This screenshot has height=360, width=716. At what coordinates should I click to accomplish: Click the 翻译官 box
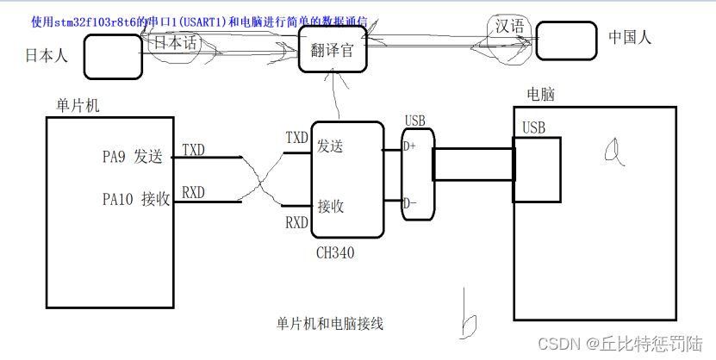click(x=333, y=50)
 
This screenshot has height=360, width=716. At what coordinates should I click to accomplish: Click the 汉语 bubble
click(x=509, y=26)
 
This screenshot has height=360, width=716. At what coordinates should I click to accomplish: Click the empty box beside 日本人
click(x=112, y=57)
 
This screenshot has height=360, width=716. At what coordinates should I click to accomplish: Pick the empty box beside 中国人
click(x=566, y=40)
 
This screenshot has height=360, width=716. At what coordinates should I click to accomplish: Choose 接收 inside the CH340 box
click(x=331, y=206)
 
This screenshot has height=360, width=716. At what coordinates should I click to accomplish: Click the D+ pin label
click(x=410, y=146)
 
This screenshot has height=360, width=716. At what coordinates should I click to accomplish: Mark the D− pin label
click(x=410, y=204)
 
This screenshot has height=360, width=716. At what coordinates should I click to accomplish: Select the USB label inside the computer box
click(x=534, y=128)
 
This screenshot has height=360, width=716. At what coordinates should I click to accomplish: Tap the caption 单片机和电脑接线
click(x=329, y=324)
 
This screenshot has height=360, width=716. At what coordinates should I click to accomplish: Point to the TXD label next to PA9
click(x=193, y=150)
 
